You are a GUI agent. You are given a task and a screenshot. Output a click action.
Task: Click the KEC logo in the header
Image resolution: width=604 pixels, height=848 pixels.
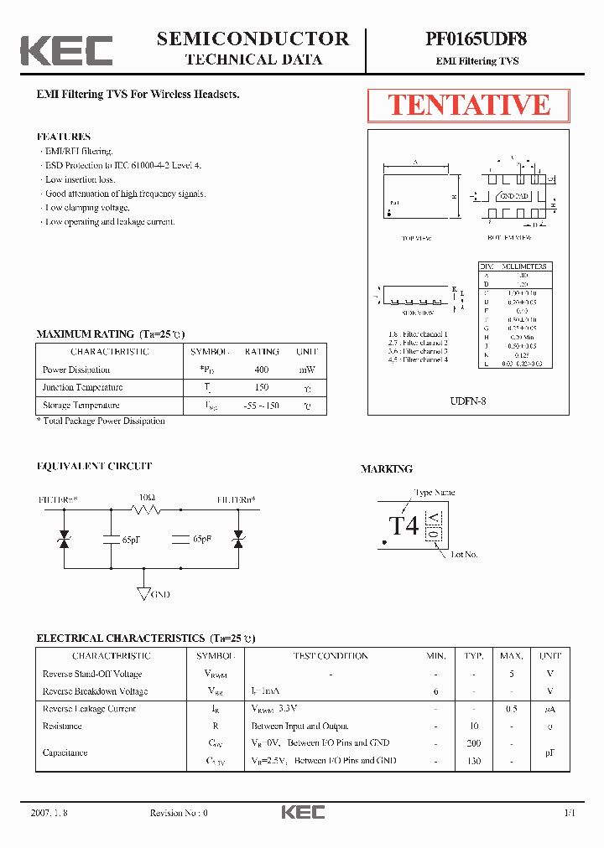click(x=66, y=50)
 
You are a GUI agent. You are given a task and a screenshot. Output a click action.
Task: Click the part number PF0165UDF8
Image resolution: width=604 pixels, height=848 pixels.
click(x=476, y=39)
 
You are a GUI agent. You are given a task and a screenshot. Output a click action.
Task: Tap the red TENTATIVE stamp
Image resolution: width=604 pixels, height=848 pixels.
click(x=468, y=105)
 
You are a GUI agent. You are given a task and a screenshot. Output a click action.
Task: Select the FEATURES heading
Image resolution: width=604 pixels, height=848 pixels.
click(x=64, y=137)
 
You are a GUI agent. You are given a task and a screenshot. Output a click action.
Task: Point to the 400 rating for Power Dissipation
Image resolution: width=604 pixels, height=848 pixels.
click(x=261, y=370)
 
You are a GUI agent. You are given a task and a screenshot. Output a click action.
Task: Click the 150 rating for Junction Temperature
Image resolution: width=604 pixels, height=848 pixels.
click(x=261, y=387)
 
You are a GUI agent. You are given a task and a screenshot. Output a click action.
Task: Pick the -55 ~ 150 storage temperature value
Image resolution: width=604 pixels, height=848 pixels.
click(x=261, y=406)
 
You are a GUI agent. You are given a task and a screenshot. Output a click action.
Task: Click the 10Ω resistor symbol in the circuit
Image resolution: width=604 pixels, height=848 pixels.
click(x=148, y=509)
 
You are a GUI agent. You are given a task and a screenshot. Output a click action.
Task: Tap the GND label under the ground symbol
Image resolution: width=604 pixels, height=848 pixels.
click(x=159, y=594)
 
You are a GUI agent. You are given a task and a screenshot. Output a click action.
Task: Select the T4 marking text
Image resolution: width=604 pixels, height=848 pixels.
click(x=404, y=525)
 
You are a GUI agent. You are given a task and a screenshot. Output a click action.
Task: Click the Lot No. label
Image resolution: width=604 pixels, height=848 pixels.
click(x=464, y=555)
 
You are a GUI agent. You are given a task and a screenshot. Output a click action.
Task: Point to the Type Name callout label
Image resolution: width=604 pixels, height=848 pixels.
click(x=434, y=493)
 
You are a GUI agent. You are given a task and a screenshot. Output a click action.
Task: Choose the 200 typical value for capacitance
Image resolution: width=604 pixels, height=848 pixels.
click(x=474, y=743)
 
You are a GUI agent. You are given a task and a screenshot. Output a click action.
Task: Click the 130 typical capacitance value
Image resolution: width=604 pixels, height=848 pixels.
click(x=474, y=761)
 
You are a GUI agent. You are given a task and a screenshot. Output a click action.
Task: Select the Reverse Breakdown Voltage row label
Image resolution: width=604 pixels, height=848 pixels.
click(x=95, y=691)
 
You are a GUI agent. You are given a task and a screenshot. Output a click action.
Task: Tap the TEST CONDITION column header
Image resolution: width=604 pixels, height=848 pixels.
click(x=330, y=656)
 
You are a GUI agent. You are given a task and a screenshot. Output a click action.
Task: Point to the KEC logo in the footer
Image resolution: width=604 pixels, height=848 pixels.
click(x=302, y=812)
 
